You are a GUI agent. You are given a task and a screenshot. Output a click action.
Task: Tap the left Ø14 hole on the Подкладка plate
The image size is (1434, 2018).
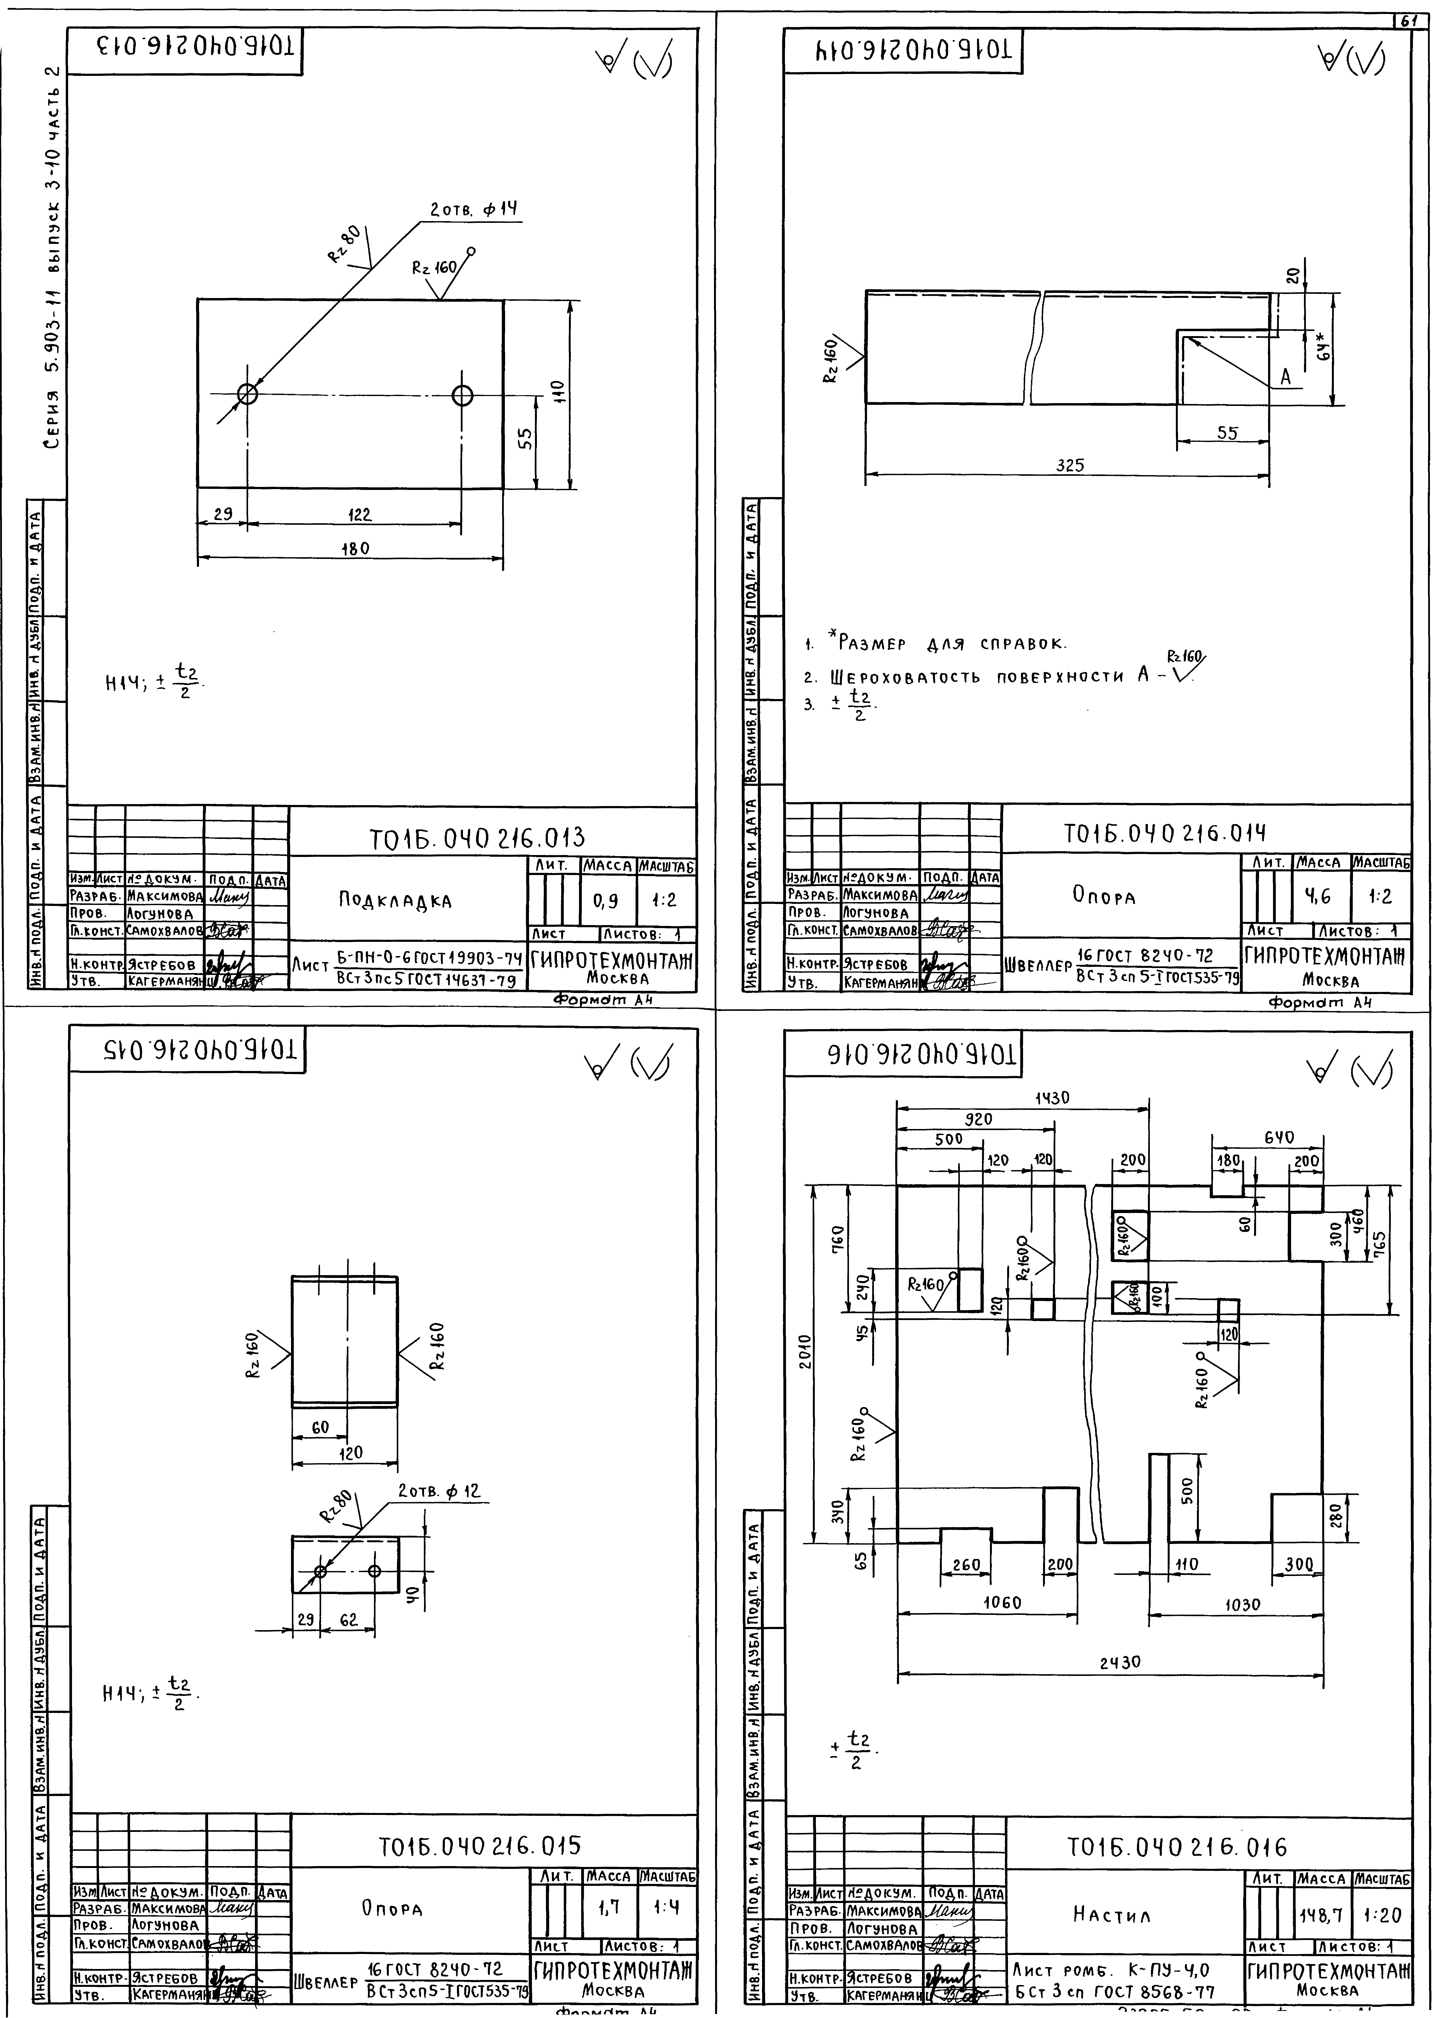247,394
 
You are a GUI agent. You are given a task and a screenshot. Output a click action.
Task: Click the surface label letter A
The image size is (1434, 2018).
1286,377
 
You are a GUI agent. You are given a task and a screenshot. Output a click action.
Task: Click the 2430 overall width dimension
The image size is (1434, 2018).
1121,1661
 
